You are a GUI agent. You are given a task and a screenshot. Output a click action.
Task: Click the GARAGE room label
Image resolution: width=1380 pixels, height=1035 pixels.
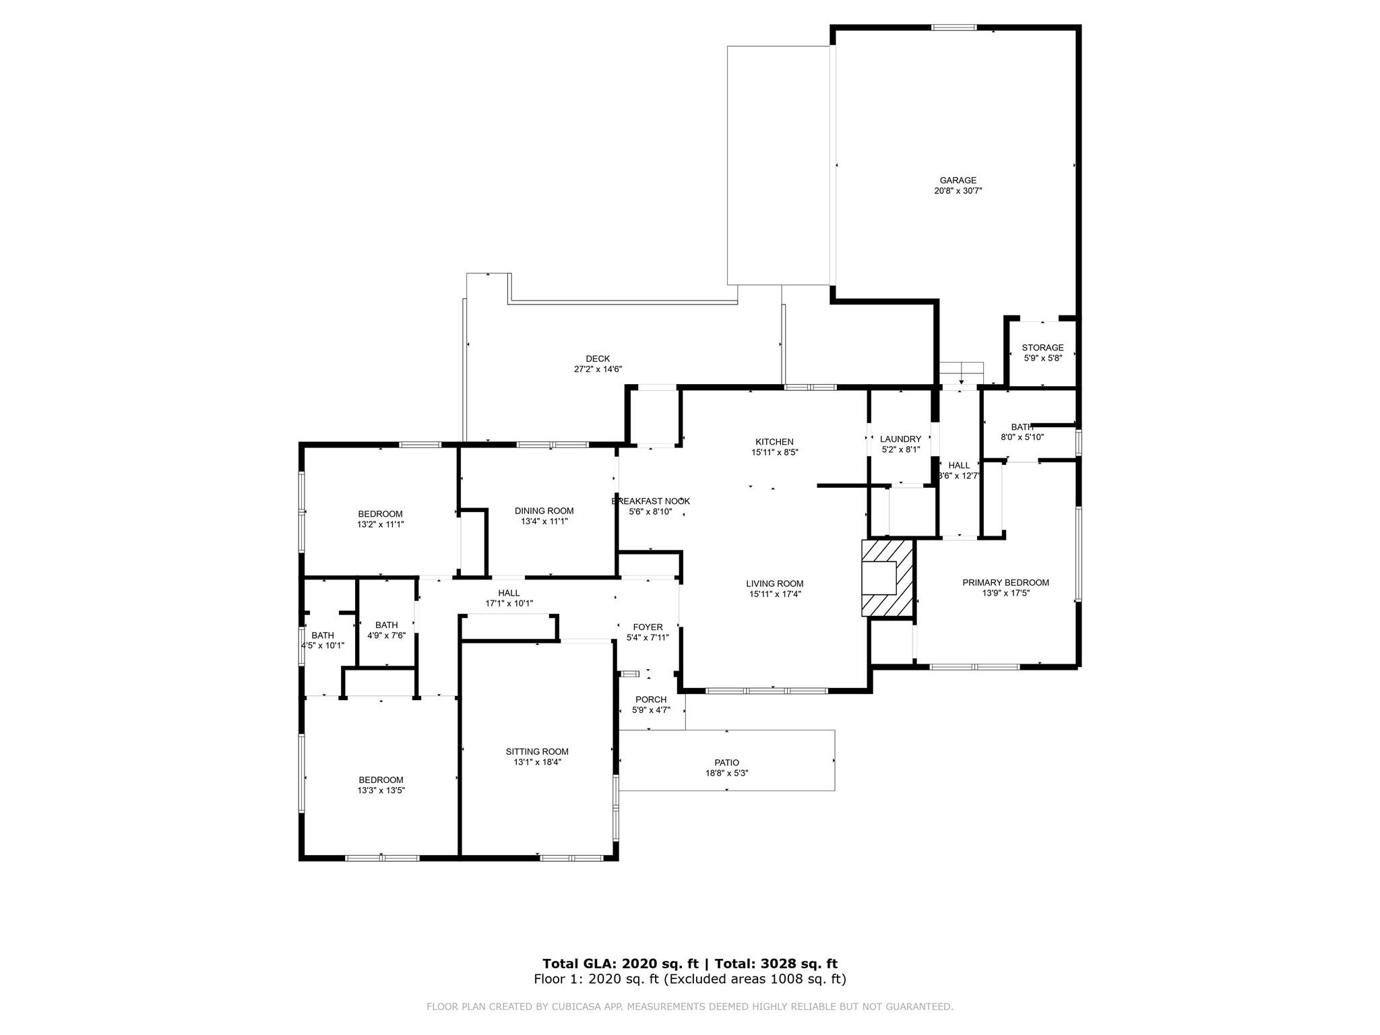pos(958,181)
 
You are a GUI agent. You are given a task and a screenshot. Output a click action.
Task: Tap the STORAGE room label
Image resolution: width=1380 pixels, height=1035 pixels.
pos(1042,348)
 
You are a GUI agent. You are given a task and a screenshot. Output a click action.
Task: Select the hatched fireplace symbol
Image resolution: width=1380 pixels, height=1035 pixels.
pos(887,577)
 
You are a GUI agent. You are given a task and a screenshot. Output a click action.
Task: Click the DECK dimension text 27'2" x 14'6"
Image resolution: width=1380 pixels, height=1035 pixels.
pos(598,369)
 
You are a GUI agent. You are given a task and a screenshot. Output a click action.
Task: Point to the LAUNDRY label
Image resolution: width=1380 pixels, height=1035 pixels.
pos(900,439)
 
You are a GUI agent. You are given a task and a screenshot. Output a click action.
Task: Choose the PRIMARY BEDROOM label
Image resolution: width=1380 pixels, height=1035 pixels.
pos(1005,583)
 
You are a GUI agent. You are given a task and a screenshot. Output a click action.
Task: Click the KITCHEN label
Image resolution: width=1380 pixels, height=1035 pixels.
pos(774,442)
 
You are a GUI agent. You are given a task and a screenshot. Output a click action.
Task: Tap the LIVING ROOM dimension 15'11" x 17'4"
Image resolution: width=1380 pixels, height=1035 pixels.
pos(775,594)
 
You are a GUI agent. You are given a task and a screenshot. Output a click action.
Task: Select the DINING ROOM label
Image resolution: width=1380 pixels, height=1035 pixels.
pos(544,511)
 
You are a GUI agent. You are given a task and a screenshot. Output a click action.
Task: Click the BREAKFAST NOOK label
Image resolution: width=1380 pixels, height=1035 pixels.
pos(650,501)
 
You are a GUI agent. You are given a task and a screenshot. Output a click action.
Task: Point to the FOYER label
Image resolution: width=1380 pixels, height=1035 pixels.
pos(648,627)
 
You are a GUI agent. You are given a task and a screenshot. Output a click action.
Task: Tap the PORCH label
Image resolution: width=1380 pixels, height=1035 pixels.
pos(651,699)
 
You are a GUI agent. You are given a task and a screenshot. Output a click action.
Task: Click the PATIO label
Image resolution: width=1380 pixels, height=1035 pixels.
pos(727,763)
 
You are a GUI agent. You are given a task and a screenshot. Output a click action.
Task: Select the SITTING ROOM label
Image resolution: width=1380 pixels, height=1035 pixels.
pos(537,752)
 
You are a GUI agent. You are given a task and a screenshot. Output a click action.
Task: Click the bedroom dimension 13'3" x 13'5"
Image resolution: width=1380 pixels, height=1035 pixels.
pos(381,790)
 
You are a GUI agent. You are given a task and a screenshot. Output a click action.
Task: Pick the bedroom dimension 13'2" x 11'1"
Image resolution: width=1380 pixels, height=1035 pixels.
pos(381,524)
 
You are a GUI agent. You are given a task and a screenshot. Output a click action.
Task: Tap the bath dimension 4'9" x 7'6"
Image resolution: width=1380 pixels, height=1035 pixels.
pos(386,635)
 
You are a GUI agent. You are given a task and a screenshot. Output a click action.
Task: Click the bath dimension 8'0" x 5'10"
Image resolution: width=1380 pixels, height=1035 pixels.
pos(1022,437)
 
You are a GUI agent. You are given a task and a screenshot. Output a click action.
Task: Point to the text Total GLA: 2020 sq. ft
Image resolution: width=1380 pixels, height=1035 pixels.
pos(621,964)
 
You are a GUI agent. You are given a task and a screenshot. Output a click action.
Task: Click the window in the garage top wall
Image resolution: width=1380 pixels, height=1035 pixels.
pos(953,28)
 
